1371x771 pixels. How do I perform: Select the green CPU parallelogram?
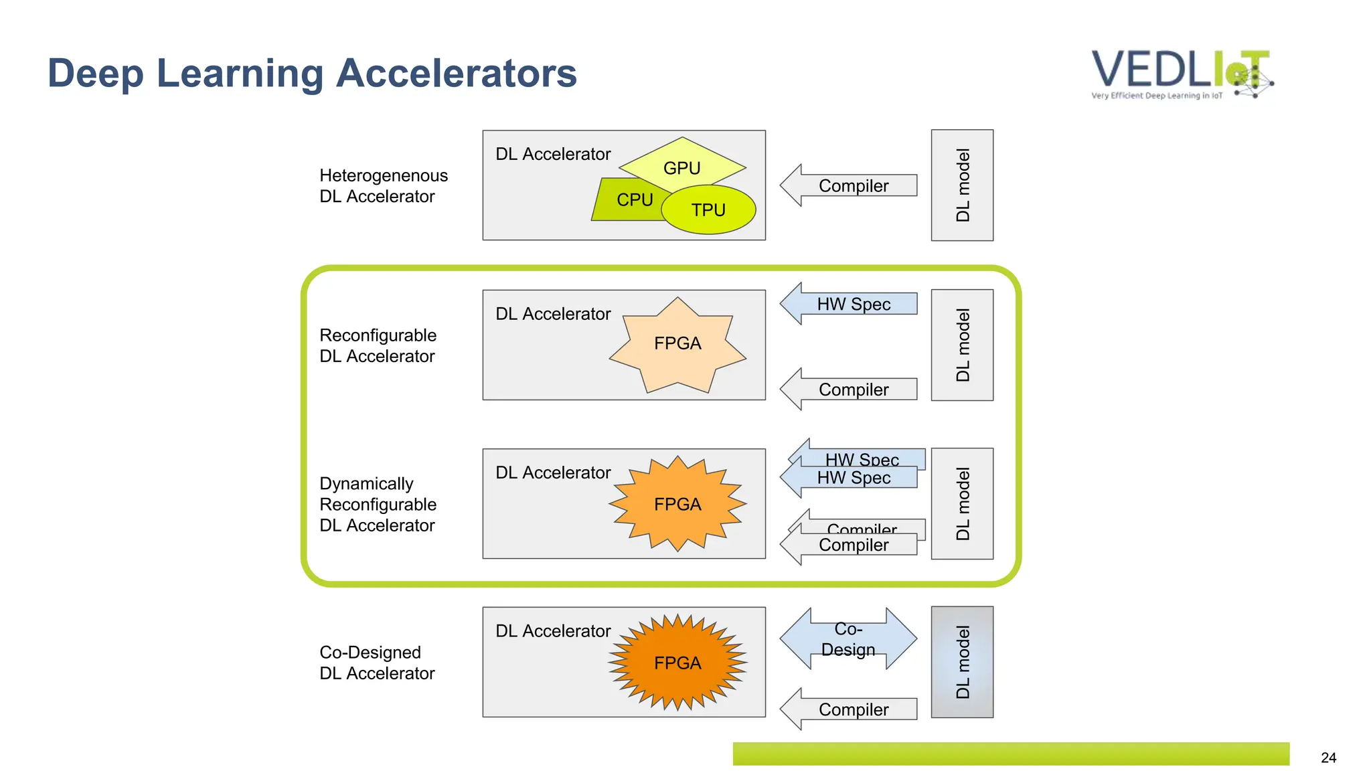[626, 199]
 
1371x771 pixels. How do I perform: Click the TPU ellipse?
[708, 210]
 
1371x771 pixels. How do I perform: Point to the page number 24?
[1328, 758]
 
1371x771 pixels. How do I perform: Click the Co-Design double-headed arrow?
[848, 639]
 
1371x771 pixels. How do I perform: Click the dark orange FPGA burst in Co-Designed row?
[677, 663]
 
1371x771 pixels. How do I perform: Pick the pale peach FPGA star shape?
[677, 344]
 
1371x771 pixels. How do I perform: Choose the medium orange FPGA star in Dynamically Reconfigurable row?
[677, 504]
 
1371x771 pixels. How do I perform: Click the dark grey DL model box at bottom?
[962, 662]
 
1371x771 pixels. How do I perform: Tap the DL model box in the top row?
[962, 185]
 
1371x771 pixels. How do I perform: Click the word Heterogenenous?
[384, 175]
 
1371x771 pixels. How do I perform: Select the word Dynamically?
[366, 483]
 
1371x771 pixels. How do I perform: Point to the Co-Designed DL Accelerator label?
[377, 663]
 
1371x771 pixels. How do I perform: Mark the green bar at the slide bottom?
[1011, 754]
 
